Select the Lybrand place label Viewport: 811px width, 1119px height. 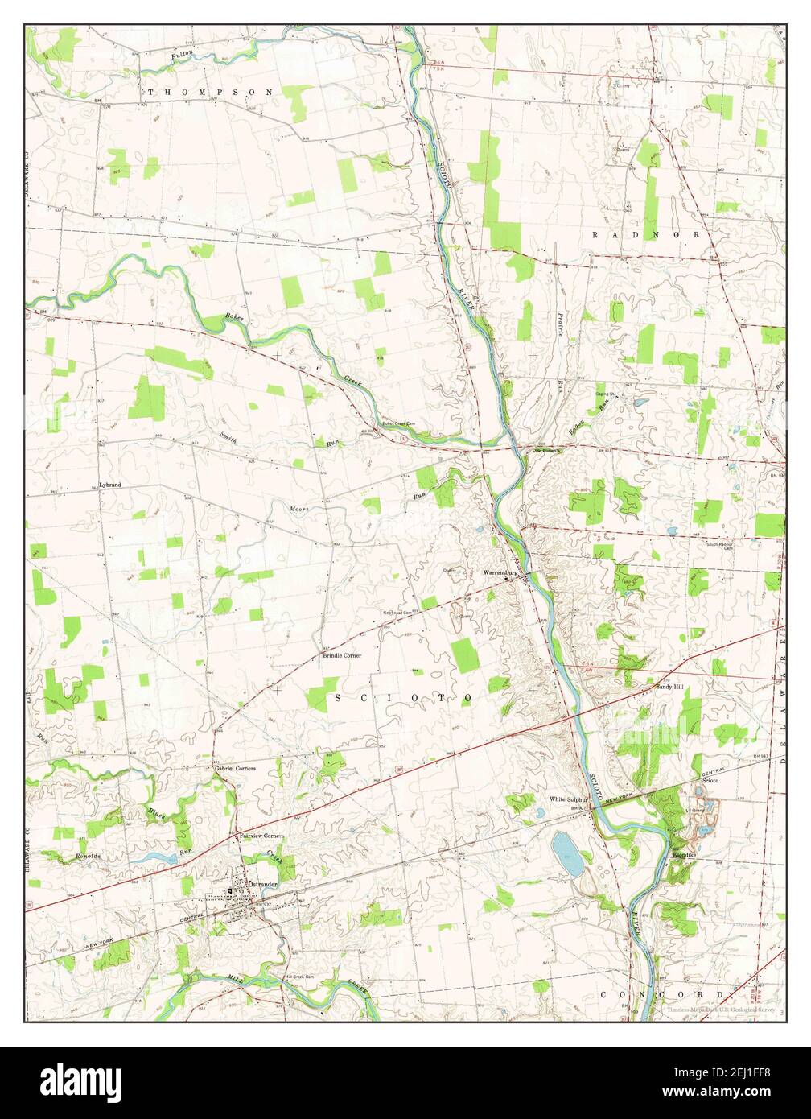click(x=109, y=485)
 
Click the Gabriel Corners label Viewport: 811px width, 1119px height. click(x=235, y=768)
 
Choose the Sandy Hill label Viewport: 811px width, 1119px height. click(x=669, y=687)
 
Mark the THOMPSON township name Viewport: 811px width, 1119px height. click(x=210, y=93)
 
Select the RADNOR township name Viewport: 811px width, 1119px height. click(x=651, y=234)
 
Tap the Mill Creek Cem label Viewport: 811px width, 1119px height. click(x=301, y=977)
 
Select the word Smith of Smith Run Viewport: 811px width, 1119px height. click(x=228, y=436)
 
